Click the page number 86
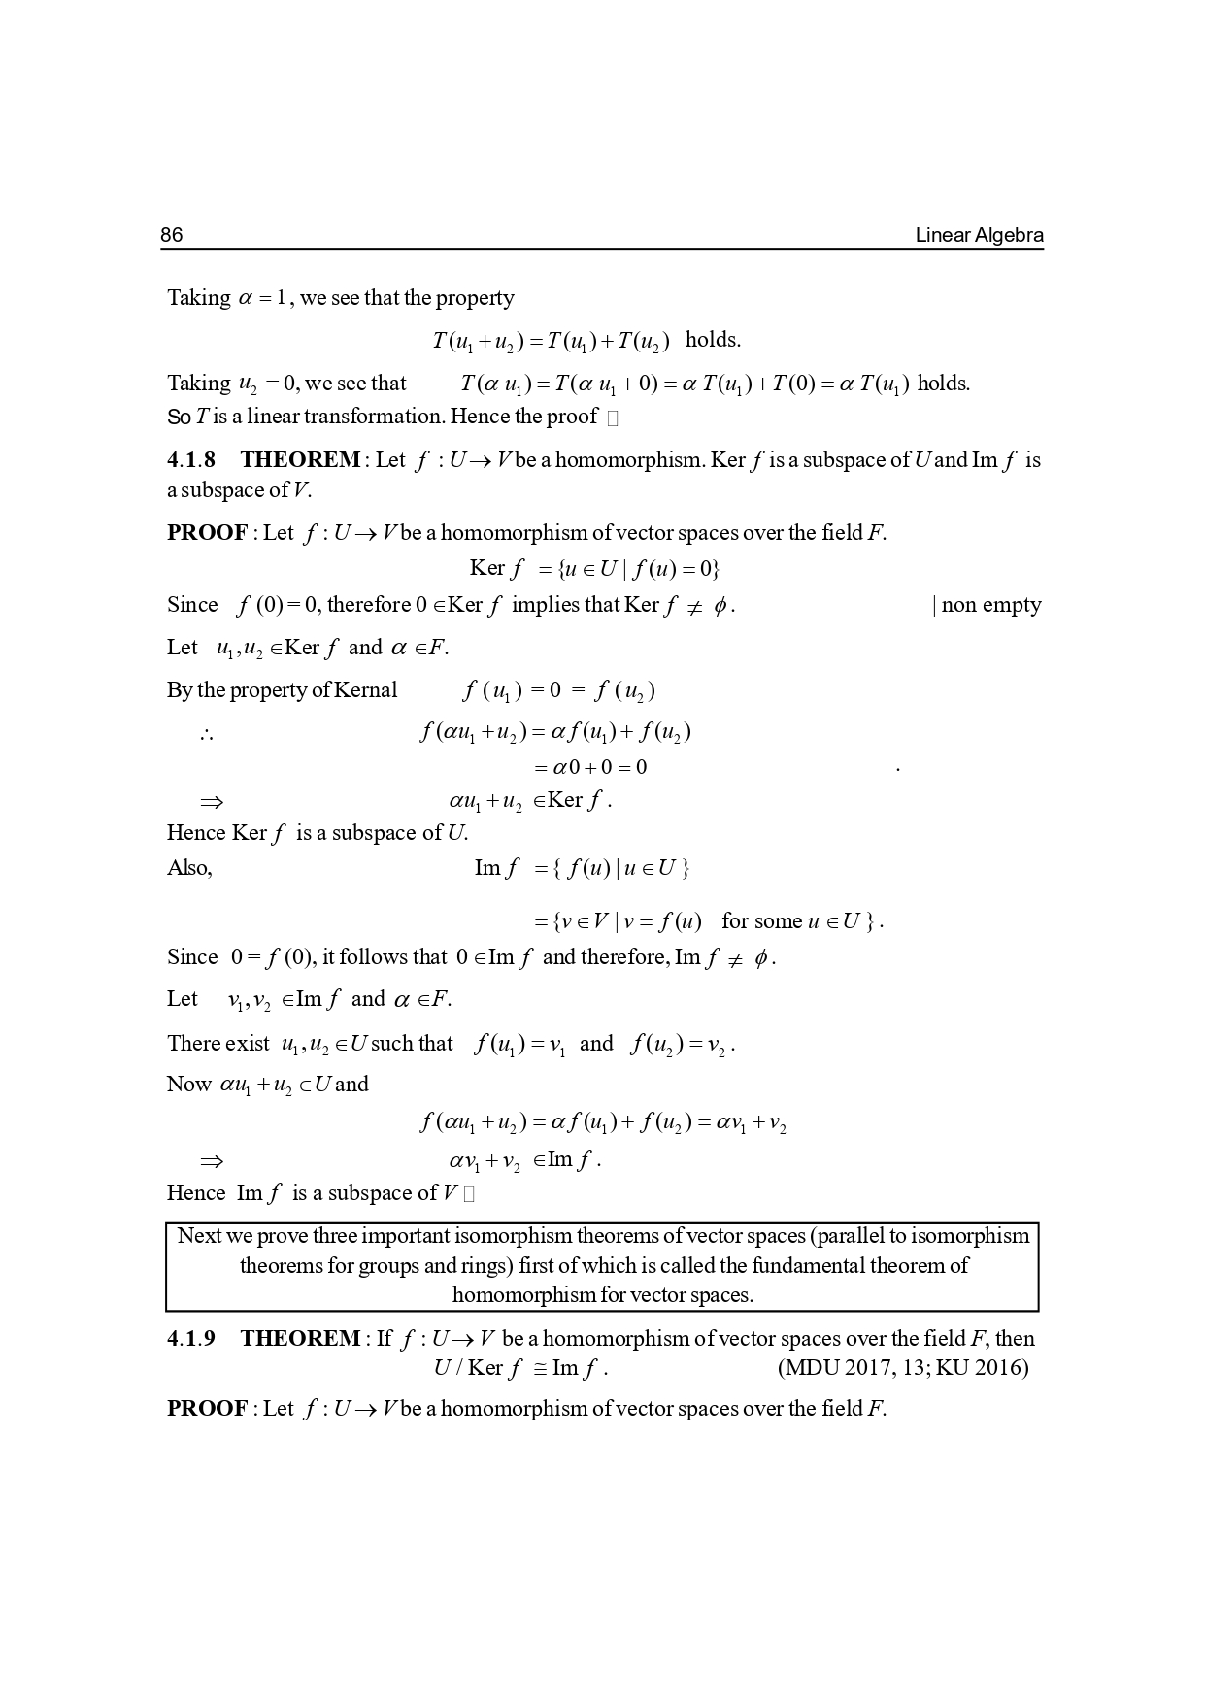coord(171,235)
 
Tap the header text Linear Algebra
coord(979,235)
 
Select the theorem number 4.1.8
coord(191,459)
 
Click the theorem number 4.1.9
coord(191,1338)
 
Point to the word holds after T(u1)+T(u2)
coord(713,339)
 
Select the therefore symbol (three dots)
coord(206,735)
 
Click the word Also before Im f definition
coord(189,868)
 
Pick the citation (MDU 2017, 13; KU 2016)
coord(903,1368)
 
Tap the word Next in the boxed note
coord(200,1236)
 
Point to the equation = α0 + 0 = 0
coord(590,767)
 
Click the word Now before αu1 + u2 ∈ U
coord(188,1085)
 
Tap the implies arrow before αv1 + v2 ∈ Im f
coord(211,1160)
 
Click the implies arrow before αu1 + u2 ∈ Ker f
coord(211,801)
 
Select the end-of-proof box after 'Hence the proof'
coord(612,418)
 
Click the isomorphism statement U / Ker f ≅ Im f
coord(520,1368)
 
